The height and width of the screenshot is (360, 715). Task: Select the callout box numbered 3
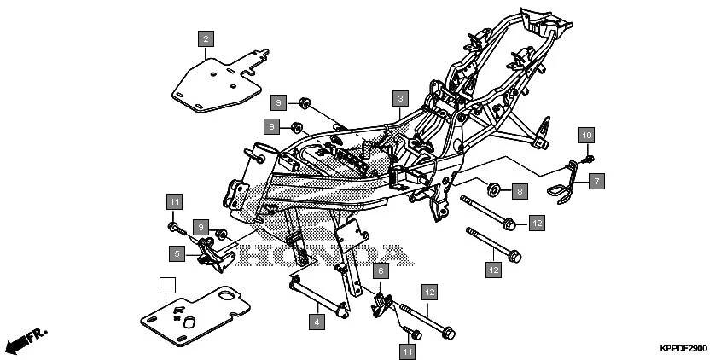[399, 99]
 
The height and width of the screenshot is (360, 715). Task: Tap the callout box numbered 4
[317, 322]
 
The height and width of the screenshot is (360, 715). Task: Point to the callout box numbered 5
[177, 253]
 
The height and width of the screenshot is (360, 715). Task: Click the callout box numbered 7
[596, 181]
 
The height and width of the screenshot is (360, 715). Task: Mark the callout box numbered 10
[586, 136]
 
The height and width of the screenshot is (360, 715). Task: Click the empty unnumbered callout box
[168, 286]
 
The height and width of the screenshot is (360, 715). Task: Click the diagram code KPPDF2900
[683, 349]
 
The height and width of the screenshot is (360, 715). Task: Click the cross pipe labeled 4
[320, 294]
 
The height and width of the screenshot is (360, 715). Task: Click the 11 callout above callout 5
[174, 202]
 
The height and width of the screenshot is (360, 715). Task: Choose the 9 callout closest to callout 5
[201, 228]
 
